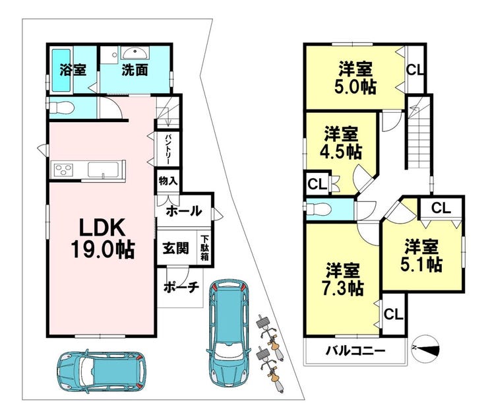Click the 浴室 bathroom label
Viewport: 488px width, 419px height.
coord(72,69)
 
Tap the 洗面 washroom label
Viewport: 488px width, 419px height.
coord(134,69)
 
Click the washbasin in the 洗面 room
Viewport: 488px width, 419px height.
coord(135,53)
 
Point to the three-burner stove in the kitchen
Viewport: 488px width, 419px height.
coord(64,170)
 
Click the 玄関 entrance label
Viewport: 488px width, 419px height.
coord(175,248)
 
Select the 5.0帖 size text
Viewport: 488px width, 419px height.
coord(355,85)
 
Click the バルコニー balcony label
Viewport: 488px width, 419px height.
coord(354,350)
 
